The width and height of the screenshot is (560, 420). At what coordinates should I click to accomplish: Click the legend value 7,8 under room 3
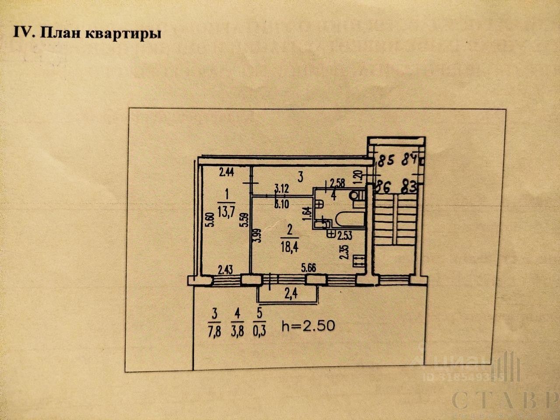coord(214,328)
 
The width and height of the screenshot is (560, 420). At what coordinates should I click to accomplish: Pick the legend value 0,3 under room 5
coord(259,328)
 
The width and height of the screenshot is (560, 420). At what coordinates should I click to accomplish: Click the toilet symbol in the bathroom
coord(357,195)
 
